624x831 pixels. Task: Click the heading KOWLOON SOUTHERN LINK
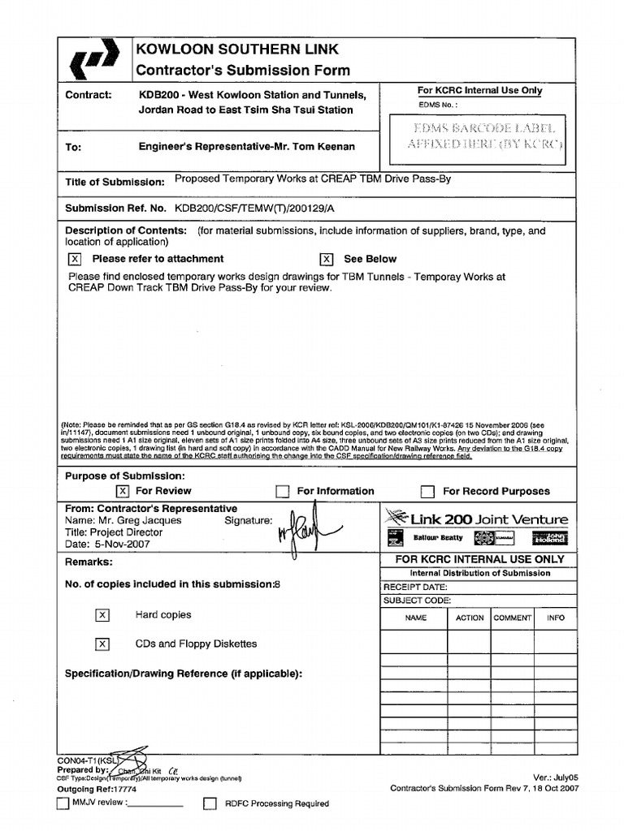(238, 50)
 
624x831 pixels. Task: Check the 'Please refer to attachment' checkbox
(75, 259)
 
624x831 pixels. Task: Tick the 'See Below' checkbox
(327, 259)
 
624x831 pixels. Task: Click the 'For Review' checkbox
(122, 491)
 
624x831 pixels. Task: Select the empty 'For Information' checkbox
(282, 491)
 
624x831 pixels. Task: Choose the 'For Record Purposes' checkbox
(427, 491)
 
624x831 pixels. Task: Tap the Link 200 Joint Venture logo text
(488, 519)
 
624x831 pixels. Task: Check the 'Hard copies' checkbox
(102, 615)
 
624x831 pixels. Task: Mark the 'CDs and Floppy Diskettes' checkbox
(102, 644)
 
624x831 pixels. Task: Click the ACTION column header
(470, 618)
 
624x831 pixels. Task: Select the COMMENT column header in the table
(513, 618)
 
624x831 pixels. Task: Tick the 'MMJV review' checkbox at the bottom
(63, 803)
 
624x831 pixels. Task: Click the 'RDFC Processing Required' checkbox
(210, 803)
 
